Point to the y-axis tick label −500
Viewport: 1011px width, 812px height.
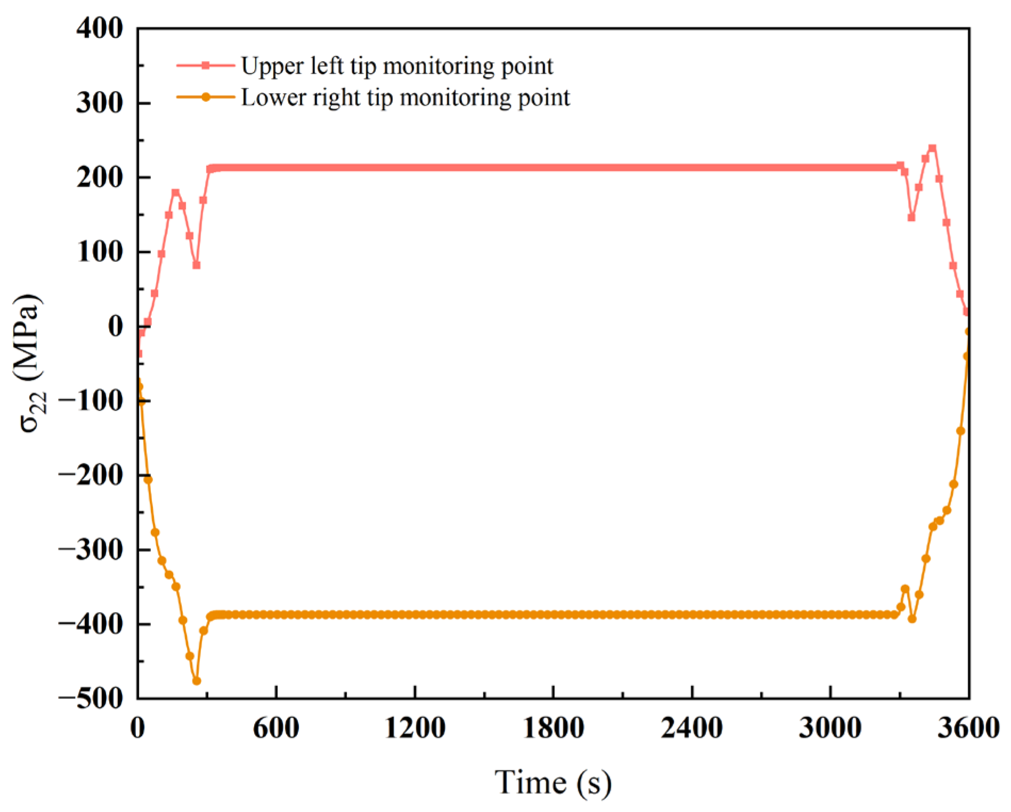91,698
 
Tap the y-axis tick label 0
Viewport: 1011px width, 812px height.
115,326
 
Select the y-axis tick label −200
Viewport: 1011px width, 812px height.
91,475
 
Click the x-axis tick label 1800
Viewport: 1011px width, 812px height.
553,728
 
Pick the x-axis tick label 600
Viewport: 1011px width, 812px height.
276,728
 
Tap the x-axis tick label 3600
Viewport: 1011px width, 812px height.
968,728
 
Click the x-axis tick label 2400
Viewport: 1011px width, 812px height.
692,728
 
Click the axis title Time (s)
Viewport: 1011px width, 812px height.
553,783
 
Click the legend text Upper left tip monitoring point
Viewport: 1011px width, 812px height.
397,66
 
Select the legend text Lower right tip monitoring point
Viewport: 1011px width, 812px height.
406,98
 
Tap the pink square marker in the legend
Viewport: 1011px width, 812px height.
206,65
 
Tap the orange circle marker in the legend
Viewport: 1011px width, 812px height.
206,97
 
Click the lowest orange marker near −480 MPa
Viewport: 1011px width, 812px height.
197,681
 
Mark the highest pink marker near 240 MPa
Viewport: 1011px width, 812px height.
932,148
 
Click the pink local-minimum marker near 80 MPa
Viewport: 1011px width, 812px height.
197,265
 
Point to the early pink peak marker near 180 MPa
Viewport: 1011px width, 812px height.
175,192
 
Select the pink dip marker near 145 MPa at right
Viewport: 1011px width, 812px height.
911,218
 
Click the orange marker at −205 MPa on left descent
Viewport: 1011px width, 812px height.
148,480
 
